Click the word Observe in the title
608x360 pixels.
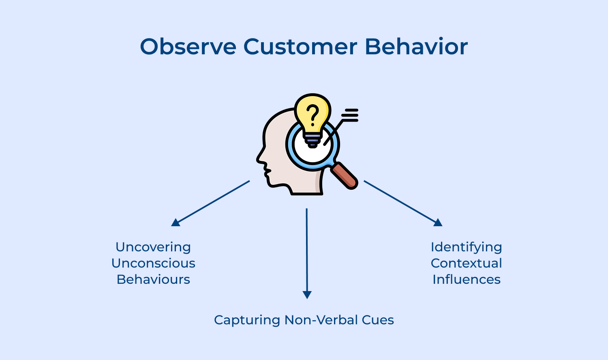tap(188, 47)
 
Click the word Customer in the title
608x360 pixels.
tap(300, 47)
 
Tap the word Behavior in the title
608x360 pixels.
tap(416, 47)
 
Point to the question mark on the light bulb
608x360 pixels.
tap(313, 115)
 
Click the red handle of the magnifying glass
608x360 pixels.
tap(344, 176)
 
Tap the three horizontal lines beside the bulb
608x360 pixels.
tap(350, 115)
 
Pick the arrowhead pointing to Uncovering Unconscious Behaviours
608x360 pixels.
tap(176, 222)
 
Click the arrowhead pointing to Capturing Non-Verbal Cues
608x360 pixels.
tap(307, 295)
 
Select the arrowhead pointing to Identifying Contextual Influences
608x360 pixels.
tap(438, 222)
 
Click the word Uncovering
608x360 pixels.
tap(153, 247)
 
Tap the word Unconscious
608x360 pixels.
tap(153, 263)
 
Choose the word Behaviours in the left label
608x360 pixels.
tap(153, 279)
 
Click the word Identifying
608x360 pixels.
tap(466, 247)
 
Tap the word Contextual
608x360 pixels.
tap(466, 263)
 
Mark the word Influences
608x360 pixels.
tap(466, 279)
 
